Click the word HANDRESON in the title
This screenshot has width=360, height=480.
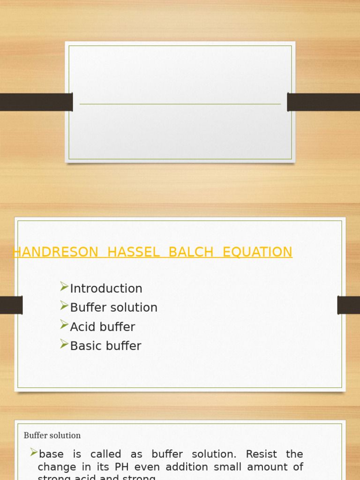(55, 252)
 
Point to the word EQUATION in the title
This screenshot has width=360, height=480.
(257, 252)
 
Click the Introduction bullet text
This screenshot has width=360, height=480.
(106, 289)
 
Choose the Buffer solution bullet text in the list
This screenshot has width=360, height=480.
(113, 308)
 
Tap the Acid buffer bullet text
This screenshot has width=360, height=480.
(102, 327)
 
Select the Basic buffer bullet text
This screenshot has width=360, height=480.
(105, 346)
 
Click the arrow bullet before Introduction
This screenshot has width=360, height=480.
(64, 287)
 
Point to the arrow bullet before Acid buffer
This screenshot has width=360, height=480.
(64, 325)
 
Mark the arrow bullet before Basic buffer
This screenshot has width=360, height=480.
(64, 345)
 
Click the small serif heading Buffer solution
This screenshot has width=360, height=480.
(52, 435)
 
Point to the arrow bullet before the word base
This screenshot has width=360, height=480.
(34, 452)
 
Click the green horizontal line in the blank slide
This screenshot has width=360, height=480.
(180, 104)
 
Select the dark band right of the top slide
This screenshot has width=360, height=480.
(323, 102)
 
